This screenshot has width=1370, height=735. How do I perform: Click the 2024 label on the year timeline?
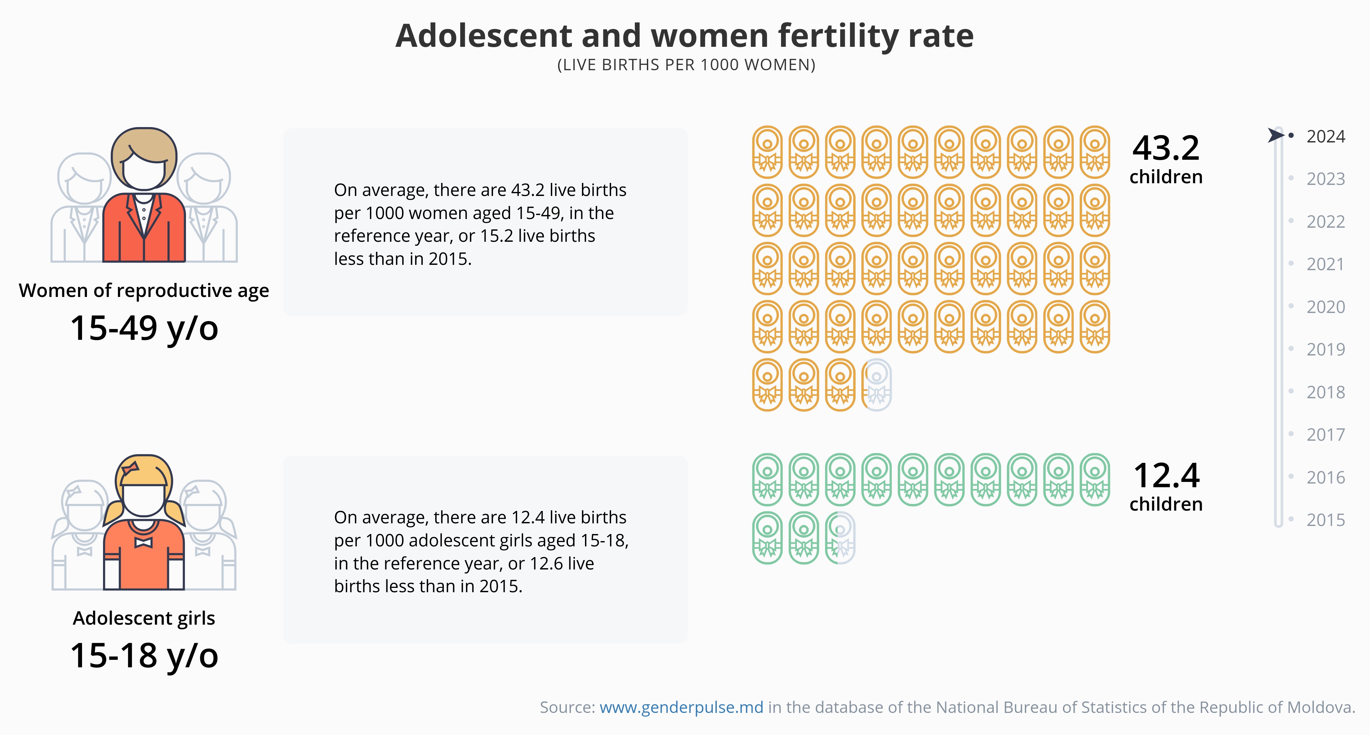click(x=1325, y=137)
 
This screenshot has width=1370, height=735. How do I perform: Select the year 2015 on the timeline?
click(x=1325, y=520)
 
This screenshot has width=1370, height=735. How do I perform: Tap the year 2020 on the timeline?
click(x=1325, y=307)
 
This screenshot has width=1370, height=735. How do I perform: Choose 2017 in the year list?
click(x=1325, y=434)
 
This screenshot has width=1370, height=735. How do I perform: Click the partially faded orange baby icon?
click(x=876, y=385)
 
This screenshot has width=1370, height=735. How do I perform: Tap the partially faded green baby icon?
click(x=840, y=538)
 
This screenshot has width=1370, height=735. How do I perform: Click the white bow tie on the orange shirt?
click(x=143, y=542)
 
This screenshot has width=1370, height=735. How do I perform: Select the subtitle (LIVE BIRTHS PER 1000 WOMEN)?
click(x=686, y=65)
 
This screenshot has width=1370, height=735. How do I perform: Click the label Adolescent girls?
click(x=144, y=618)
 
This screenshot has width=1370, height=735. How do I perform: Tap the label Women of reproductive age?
click(x=144, y=290)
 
